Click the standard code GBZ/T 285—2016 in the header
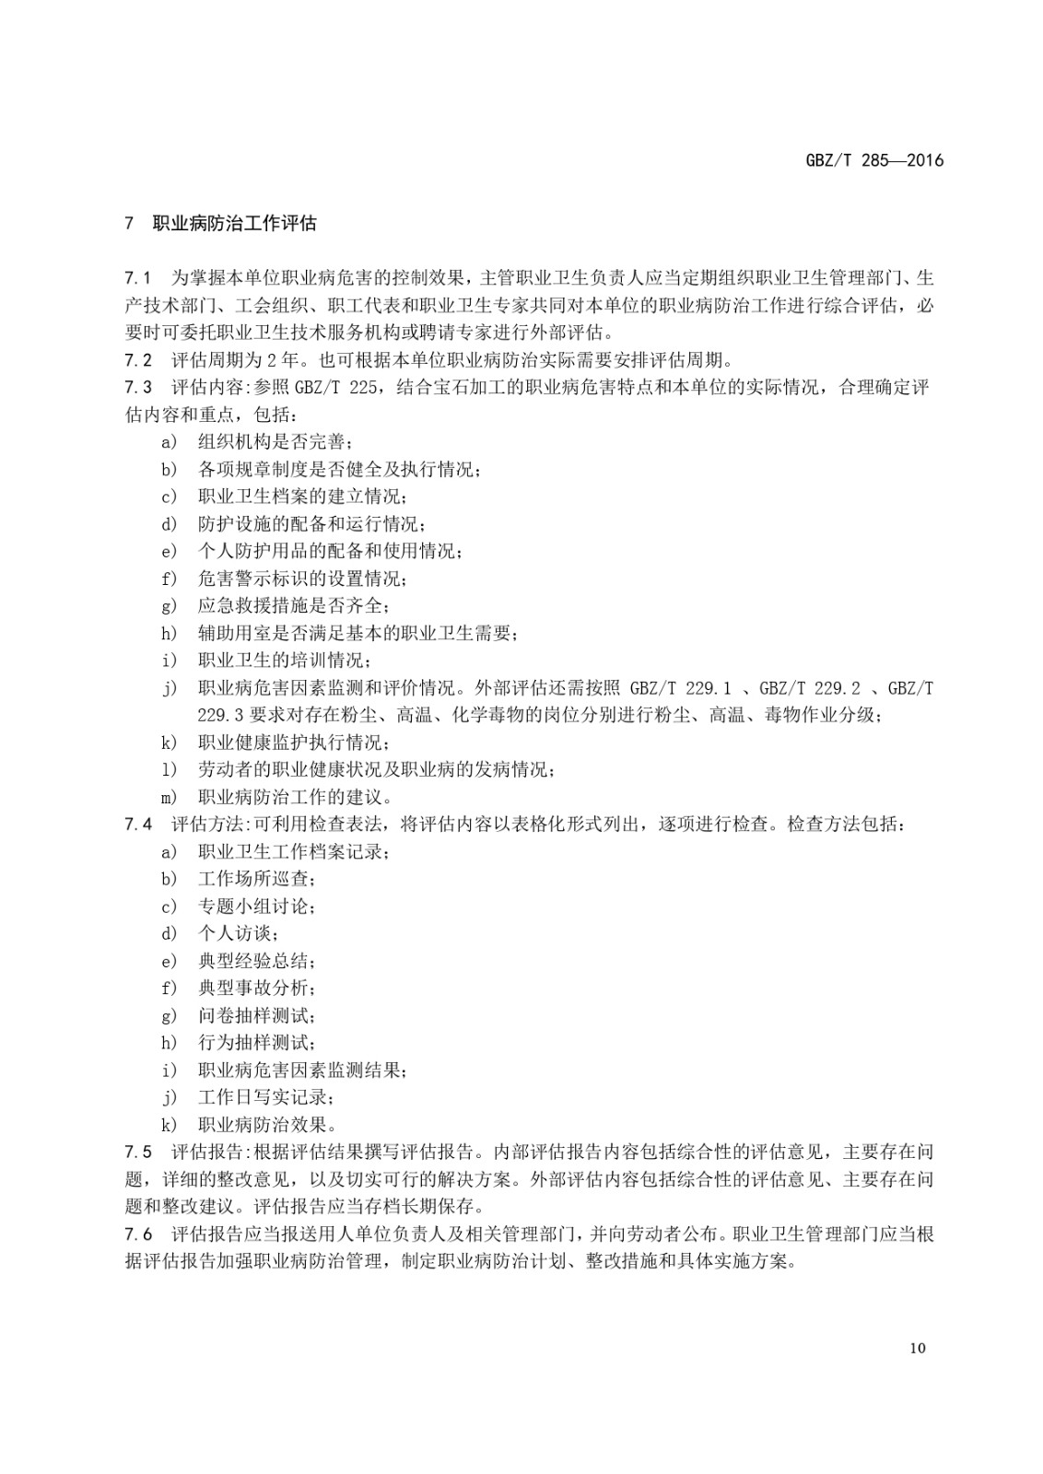[874, 160]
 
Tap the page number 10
[917, 1348]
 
